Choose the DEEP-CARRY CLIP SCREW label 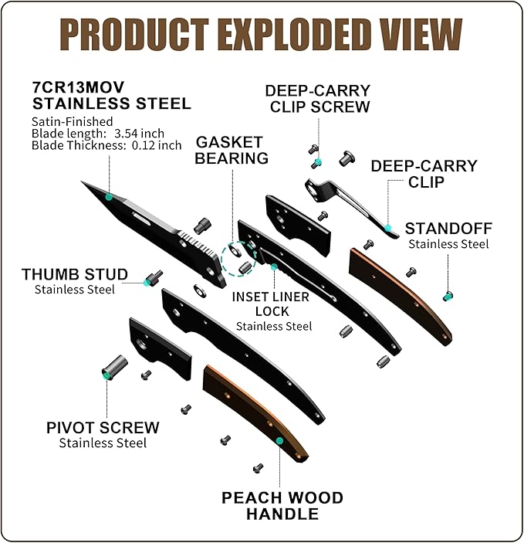click(x=320, y=99)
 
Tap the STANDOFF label click(x=448, y=229)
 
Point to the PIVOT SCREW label click(x=103, y=427)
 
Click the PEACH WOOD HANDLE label click(x=282, y=505)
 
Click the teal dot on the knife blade click(x=109, y=198)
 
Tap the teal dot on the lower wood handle click(x=279, y=440)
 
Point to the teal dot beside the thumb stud click(x=147, y=283)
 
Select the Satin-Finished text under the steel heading click(x=72, y=121)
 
